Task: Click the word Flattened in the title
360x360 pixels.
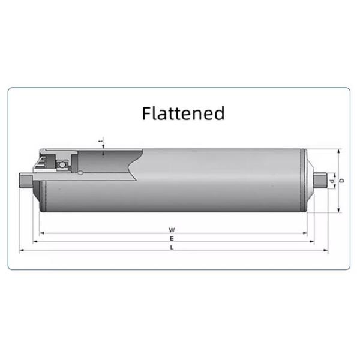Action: [x=183, y=113]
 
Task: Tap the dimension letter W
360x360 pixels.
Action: [x=172, y=230]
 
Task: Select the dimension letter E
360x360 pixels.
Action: [x=172, y=238]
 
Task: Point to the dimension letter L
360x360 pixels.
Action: [x=172, y=247]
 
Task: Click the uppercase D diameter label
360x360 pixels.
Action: [x=341, y=180]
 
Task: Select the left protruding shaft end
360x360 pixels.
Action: [x=26, y=179]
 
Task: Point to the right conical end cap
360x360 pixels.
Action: [x=308, y=180]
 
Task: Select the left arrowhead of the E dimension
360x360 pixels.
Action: [x=35, y=242]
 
